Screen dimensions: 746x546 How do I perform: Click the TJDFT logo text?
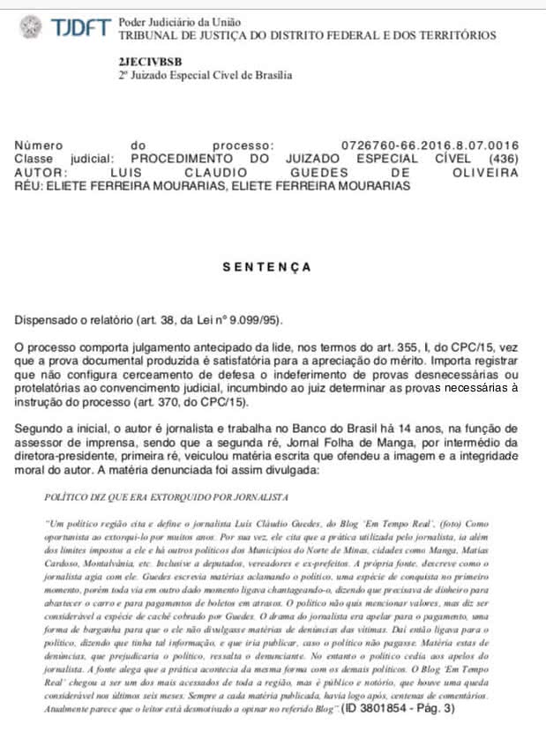[x=80, y=27]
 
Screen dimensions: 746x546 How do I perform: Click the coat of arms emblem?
[x=31, y=27]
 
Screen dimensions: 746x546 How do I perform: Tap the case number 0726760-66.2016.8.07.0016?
[x=430, y=145]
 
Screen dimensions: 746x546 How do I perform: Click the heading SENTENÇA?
[x=266, y=266]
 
